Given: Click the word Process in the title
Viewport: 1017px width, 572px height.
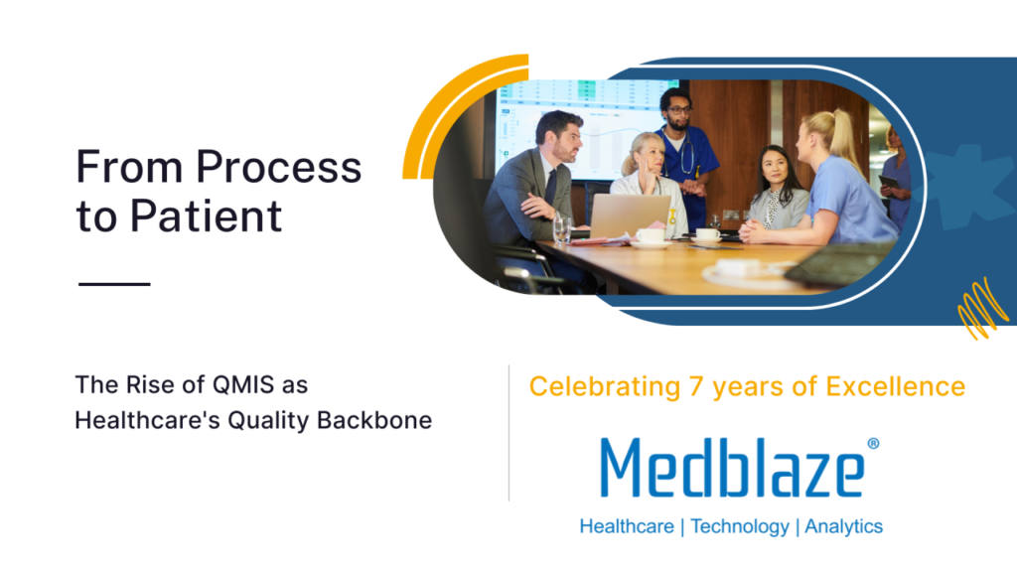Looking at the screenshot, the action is point(279,167).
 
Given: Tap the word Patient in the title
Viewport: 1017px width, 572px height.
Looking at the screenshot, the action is point(206,215).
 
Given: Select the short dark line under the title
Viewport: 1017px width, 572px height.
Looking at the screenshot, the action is point(114,283).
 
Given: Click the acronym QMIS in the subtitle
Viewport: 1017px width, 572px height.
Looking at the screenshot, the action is point(243,384).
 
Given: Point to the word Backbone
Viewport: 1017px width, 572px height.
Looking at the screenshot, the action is point(374,420).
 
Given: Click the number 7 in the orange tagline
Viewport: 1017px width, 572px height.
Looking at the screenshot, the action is point(696,386).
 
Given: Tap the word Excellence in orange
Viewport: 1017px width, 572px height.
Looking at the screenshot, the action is point(895,386).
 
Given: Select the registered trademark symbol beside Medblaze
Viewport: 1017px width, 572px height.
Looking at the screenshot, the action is point(873,444).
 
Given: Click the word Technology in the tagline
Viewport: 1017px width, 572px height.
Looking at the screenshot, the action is point(739,526).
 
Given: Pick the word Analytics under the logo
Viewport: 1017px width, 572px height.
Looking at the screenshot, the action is point(843,526).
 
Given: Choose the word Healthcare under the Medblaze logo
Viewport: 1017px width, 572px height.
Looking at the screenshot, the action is point(627,526).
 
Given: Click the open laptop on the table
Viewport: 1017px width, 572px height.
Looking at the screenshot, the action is point(629,216).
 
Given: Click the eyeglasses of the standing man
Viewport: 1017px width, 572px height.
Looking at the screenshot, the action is point(677,110).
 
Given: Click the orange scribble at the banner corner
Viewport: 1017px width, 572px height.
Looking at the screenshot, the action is point(982,309).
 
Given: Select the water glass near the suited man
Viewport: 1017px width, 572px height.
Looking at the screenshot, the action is point(562,229).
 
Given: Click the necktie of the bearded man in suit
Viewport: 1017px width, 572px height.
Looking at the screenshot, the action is point(550,187).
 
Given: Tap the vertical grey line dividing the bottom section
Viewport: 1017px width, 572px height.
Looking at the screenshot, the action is point(508,433).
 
